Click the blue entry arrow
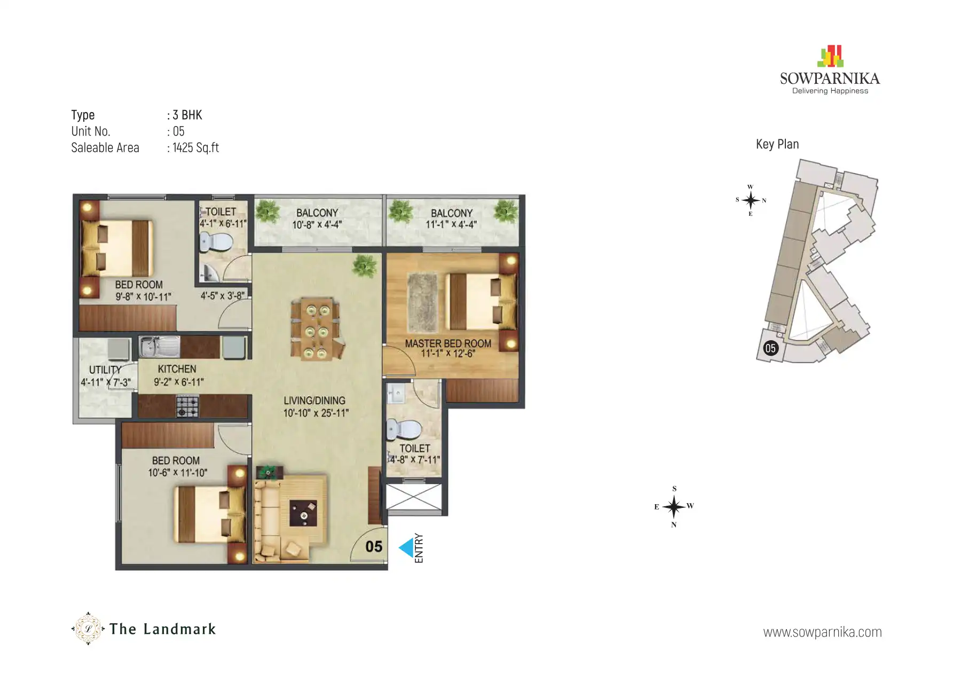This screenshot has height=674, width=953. [406, 547]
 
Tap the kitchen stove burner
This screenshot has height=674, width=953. [187, 406]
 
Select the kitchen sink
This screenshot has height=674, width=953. [159, 347]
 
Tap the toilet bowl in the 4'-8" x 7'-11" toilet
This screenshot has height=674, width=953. [404, 429]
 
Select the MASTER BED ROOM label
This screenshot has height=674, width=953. [447, 343]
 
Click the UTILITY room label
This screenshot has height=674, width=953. [105, 370]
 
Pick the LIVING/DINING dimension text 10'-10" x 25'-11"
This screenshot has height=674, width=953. [316, 413]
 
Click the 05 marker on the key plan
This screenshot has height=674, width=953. [770, 348]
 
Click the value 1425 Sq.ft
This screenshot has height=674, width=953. [195, 148]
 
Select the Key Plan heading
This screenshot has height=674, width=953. [777, 144]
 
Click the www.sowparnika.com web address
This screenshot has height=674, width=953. [822, 632]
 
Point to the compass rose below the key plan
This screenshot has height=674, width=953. [674, 506]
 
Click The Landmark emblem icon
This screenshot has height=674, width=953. [88, 629]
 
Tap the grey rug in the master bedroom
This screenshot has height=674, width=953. [422, 302]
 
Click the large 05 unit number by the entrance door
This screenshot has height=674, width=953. [374, 546]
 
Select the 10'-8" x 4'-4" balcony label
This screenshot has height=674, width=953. [317, 225]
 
